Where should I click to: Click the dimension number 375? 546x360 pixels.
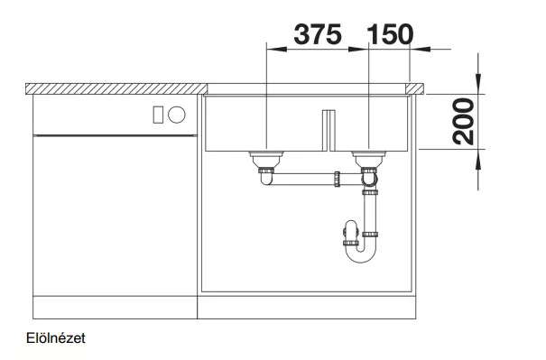coord(318,34)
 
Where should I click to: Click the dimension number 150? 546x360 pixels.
coord(390,34)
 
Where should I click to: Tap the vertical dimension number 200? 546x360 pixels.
coord(464,121)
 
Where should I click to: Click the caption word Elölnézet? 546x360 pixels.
coord(56,338)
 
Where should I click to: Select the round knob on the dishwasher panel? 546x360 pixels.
coord(177,115)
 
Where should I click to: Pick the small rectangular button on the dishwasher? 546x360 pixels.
coord(158,115)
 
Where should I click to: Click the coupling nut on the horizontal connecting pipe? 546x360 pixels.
coord(337,179)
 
